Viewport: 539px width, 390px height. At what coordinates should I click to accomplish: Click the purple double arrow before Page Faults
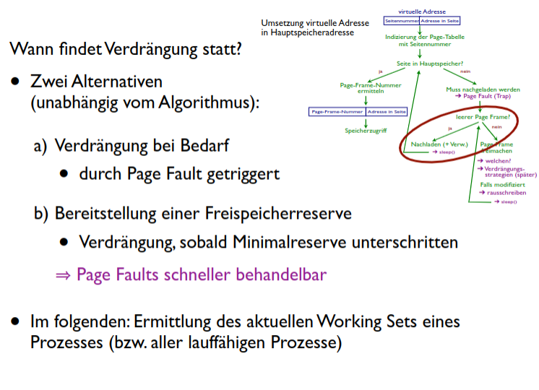[x=64, y=275]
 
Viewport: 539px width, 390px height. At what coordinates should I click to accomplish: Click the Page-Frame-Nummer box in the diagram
[x=337, y=112]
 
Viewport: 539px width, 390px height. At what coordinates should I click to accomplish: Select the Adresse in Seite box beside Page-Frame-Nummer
[x=387, y=112]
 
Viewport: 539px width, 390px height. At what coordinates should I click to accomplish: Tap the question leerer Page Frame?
[x=483, y=116]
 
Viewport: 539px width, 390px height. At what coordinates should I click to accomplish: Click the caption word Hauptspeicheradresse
[x=307, y=32]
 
